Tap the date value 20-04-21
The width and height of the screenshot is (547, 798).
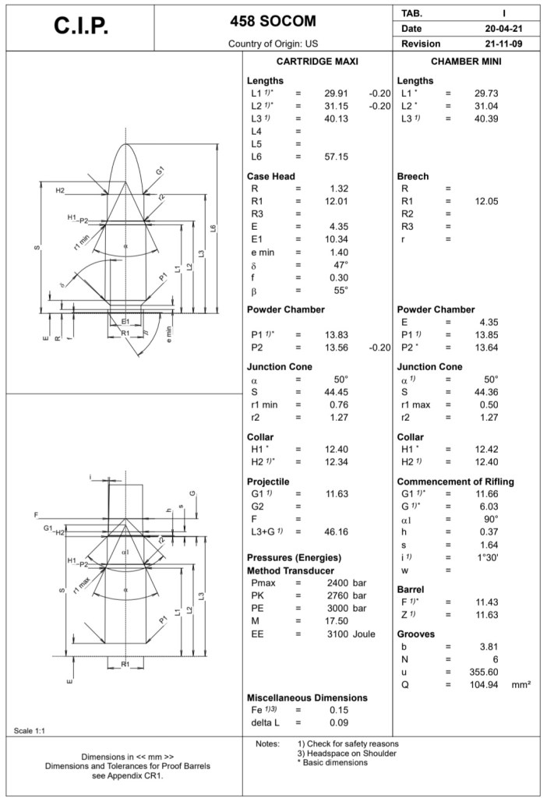click(x=503, y=29)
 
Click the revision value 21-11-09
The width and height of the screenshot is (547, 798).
click(x=503, y=44)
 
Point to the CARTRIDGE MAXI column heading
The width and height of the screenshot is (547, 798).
click(x=317, y=62)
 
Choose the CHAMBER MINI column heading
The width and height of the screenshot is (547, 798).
click(x=466, y=62)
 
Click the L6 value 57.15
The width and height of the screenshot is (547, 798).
click(x=336, y=157)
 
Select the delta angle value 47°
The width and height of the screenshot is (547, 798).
click(x=341, y=265)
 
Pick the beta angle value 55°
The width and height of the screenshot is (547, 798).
click(x=341, y=291)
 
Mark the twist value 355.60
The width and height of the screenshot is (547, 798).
click(x=482, y=672)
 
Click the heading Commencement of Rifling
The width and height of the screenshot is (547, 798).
click(x=456, y=482)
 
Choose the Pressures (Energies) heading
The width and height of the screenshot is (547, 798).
click(x=295, y=558)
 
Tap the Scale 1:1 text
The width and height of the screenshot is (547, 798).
click(x=30, y=730)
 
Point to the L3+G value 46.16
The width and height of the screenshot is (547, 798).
click(x=336, y=532)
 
